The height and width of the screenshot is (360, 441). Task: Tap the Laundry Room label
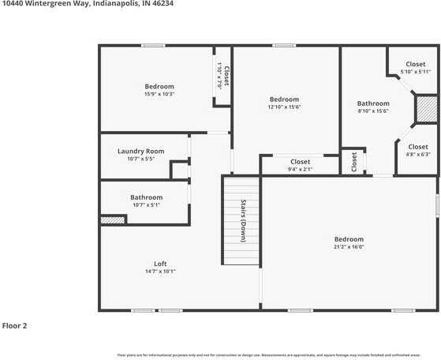[x=140, y=151]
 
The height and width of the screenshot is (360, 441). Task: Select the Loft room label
[x=160, y=264]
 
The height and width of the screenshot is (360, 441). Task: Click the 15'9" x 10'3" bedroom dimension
[x=159, y=95]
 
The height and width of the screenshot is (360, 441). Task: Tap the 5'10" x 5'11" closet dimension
[x=415, y=73]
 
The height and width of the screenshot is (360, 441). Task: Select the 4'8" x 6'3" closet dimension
[x=418, y=155]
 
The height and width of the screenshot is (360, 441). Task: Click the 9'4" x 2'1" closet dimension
[x=300, y=169]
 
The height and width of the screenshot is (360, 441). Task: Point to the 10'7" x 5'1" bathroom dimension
[x=146, y=205]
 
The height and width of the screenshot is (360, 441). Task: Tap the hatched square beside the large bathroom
[x=427, y=110]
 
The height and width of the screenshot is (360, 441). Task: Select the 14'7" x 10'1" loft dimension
[x=160, y=272]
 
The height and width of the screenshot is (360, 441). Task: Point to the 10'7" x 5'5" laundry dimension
[x=140, y=159]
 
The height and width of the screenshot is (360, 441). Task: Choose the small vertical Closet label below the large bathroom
[x=354, y=162]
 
